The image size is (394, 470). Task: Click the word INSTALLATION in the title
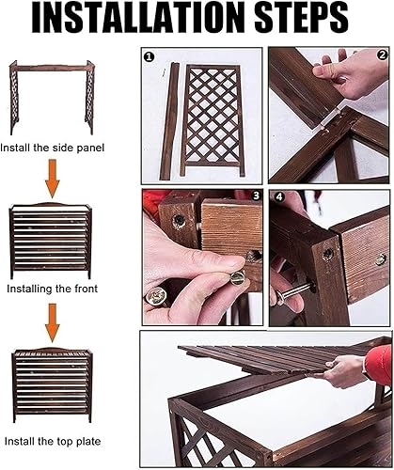click(137, 17)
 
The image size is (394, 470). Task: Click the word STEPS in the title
click(301, 17)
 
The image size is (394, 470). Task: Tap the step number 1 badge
click(149, 57)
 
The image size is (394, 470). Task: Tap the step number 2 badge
click(382, 55)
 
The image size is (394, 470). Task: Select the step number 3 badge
click(257, 196)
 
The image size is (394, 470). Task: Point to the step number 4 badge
click(279, 197)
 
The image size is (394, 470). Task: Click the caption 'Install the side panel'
click(52, 148)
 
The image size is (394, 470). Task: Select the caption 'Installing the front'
click(52, 289)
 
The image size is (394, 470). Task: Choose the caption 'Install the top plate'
click(53, 442)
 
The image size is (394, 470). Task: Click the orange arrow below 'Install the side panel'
click(53, 179)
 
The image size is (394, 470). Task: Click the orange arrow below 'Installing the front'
click(53, 323)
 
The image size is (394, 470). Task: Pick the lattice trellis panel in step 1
click(213, 120)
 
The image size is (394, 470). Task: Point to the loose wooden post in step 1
click(169, 121)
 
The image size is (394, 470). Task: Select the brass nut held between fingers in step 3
click(238, 277)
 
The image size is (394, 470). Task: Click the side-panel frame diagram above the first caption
click(52, 97)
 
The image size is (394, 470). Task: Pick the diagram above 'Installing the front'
click(51, 241)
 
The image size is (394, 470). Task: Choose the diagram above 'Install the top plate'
click(52, 384)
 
